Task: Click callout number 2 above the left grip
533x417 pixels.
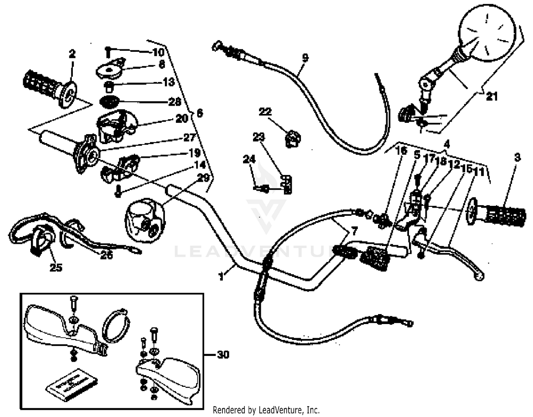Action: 72,54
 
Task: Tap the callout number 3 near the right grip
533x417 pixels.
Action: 517,157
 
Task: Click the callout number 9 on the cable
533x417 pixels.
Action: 305,57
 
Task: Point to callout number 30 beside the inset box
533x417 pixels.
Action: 223,354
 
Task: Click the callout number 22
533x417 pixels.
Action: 265,112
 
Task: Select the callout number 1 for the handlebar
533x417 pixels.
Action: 221,276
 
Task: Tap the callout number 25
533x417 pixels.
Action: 55,267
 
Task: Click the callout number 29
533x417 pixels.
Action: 203,178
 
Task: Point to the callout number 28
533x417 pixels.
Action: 174,102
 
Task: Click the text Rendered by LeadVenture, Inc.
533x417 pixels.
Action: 266,410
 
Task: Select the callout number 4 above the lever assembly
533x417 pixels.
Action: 447,144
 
